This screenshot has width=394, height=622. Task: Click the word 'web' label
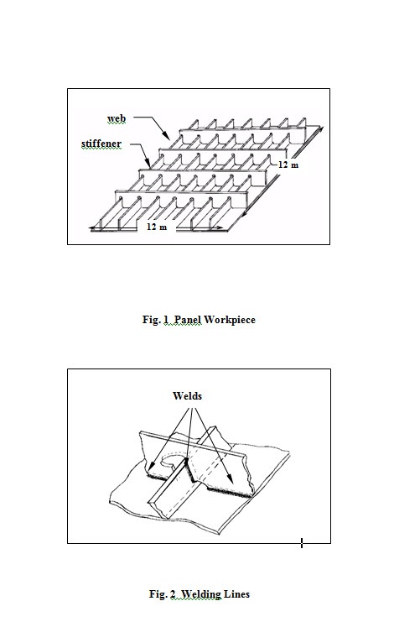point(117,118)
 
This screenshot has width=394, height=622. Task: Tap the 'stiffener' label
point(101,144)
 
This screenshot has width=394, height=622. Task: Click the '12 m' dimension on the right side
point(288,165)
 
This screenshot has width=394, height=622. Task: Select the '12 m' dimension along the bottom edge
point(157,227)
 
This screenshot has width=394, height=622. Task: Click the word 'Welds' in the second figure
point(187,396)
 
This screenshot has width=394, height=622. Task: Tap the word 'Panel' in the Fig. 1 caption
point(188,319)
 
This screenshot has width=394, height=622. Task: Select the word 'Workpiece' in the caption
point(230,320)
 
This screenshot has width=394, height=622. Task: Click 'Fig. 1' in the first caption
point(156,319)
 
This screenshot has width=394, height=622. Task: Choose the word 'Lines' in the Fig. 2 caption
point(236,593)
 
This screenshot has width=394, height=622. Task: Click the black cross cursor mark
point(302,543)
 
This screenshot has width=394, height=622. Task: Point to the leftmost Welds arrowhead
point(149,466)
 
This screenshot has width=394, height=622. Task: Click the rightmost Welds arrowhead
point(230,479)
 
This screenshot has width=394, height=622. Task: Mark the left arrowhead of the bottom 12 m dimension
point(94,228)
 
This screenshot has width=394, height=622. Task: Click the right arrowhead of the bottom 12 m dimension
point(219,228)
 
